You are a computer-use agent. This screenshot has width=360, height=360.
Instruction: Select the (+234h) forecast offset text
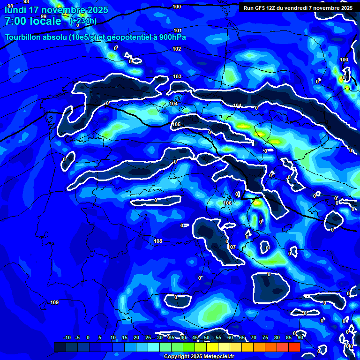point(83,21)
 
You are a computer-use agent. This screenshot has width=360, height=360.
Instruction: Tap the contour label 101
point(177,30)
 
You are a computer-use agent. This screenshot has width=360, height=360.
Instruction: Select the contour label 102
point(177,49)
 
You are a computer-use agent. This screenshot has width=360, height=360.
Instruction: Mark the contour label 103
point(177,76)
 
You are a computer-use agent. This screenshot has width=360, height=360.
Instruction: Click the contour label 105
point(176,124)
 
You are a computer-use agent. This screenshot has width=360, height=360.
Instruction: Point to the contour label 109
point(54,302)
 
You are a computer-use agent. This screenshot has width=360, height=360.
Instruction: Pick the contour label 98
point(10,6)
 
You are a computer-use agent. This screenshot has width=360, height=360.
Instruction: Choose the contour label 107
point(232,247)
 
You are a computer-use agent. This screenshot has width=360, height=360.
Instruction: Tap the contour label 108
point(158,241)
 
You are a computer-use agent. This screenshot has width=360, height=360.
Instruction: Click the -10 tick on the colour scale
point(67,337)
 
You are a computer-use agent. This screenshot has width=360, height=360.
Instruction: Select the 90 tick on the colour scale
point(300,337)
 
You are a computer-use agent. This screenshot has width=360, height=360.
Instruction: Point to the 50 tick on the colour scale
point(207,337)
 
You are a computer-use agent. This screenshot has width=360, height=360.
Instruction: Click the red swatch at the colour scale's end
point(294,347)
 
